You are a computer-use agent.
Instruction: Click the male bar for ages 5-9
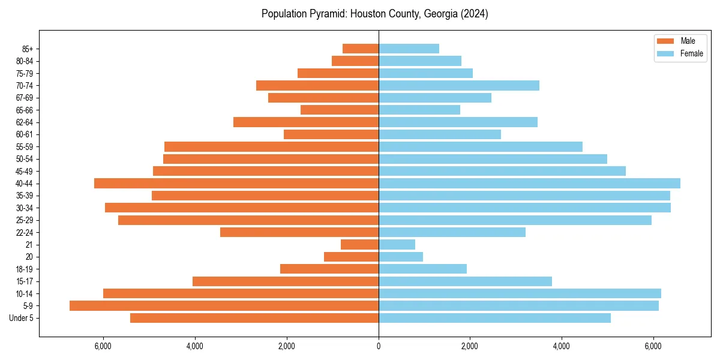point(224,305)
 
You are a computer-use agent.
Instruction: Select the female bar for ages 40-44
point(529,183)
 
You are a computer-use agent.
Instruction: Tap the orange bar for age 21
point(359,244)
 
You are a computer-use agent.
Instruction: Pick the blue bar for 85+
point(409,49)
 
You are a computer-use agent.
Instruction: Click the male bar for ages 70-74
point(317,85)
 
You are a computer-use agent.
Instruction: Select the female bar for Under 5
point(494,318)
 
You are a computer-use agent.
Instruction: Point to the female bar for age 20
point(401,257)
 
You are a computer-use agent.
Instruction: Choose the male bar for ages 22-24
point(299,232)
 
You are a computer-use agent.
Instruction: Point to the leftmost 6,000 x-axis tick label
point(103,346)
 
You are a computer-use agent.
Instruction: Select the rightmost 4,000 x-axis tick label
point(562,346)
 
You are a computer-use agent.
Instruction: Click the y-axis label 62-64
point(25,122)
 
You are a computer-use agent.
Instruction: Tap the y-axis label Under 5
point(22,318)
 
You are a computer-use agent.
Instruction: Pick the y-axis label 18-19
point(25,269)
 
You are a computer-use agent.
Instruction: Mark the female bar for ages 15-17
point(465,281)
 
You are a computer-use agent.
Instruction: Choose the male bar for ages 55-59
point(271,146)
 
